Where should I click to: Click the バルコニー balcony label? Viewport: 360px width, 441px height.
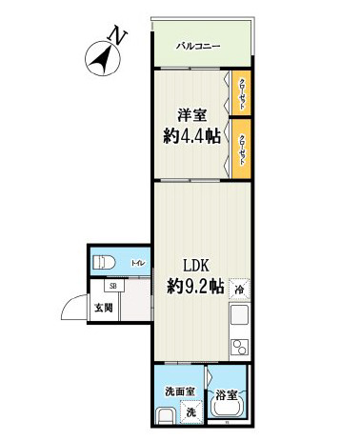[x=198, y=45]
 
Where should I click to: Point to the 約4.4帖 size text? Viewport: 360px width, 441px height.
[x=190, y=136]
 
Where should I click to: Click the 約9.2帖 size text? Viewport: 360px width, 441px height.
[x=195, y=286]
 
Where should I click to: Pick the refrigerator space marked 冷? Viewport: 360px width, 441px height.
[x=239, y=289]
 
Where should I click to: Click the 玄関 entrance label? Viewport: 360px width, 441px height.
[x=103, y=307]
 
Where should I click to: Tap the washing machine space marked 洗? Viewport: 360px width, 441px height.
[x=191, y=412]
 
